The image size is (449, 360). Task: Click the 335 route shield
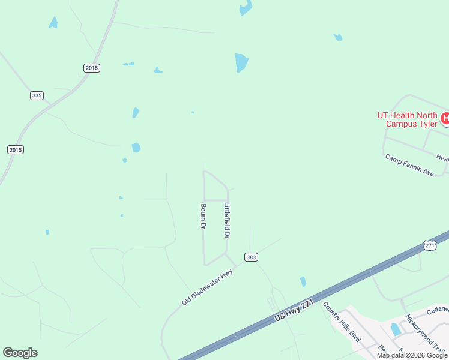37,95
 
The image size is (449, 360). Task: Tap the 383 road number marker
252,257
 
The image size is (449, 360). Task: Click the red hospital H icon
445,118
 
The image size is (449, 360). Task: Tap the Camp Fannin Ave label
409,165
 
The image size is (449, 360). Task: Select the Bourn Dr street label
203,216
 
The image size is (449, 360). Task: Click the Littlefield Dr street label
227,220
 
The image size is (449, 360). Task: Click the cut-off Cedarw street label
438,310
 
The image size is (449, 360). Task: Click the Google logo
20,352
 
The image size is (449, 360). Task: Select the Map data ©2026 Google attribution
412,355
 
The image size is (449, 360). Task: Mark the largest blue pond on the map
242,62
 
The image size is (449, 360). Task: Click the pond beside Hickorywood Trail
395,329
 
